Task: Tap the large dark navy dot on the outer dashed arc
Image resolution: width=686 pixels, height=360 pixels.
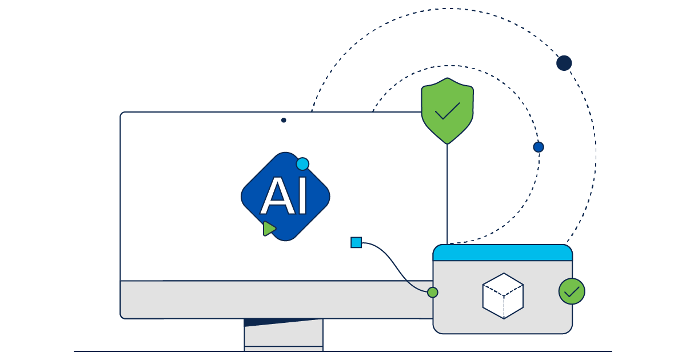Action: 564,63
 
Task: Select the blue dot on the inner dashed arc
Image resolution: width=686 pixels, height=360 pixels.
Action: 538,147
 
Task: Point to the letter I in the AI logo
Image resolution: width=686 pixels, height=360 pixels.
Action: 301,197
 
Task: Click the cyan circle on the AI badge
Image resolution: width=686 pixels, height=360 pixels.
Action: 302,164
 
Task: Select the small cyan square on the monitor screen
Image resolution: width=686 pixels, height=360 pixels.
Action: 356,242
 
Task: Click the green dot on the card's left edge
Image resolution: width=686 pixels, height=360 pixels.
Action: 433,293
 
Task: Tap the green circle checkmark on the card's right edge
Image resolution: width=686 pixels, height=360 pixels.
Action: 572,291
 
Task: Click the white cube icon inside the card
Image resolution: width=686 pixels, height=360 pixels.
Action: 503,295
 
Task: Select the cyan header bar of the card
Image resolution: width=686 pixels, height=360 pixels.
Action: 502,253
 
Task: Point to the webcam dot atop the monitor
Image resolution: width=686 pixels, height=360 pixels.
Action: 284,120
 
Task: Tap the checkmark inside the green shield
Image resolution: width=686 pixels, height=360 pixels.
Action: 447,111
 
